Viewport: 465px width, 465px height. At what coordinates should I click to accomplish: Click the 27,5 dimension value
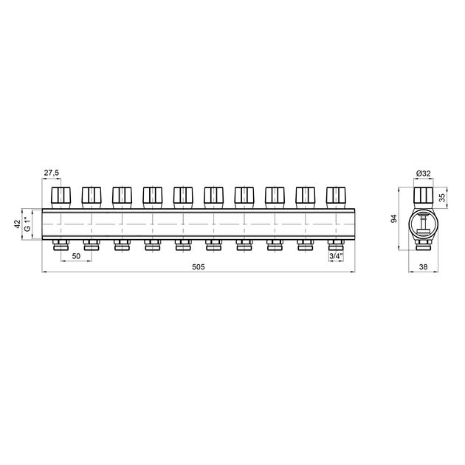coord(52,173)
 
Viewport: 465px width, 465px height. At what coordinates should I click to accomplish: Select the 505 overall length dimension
coord(199,266)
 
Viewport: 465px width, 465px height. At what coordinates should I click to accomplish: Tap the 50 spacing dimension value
coord(76,256)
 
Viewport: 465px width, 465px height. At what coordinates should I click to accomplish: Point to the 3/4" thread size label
coord(336,256)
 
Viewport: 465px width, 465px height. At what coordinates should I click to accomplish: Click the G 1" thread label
coord(27,224)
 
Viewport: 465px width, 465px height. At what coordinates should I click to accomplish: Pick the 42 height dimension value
coord(18,224)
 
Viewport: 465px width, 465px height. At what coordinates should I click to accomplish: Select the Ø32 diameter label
coord(423,173)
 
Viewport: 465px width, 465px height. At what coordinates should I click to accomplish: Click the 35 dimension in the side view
coord(442,198)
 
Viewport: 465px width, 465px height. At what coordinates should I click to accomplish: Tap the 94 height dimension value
coord(394,219)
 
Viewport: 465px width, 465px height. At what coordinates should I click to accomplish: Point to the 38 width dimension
coord(423,266)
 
